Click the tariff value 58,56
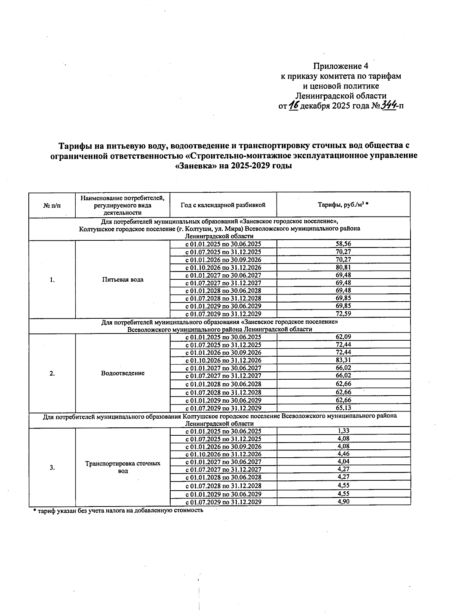[343, 244]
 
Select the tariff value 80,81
[343, 267]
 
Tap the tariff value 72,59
[343, 313]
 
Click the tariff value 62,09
[343, 337]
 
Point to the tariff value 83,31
[343, 360]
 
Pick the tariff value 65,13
[343, 408]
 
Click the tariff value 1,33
[343, 431]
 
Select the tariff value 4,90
[343, 502]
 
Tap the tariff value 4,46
[343, 454]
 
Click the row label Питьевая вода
[123, 280]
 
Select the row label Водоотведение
[123, 373]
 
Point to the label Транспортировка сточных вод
[123, 467]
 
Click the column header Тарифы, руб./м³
[343, 205]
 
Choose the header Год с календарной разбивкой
[223, 205]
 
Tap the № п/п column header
[52, 205]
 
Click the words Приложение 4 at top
[340, 66]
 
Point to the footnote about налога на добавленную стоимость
[118, 510]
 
